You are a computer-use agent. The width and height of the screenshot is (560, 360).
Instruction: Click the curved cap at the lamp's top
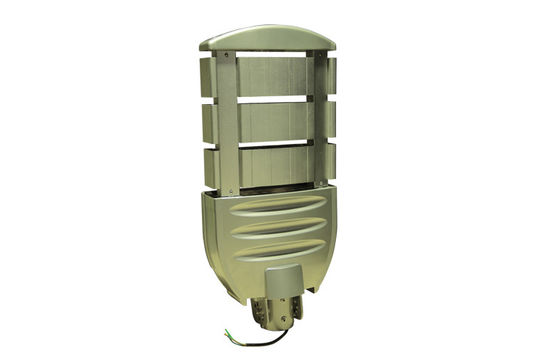coord(267,37)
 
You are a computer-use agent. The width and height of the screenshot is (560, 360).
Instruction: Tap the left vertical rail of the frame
coord(228,120)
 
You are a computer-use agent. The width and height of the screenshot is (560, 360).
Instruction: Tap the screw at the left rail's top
coord(228,56)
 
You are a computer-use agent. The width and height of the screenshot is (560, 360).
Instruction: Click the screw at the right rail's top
coord(321,56)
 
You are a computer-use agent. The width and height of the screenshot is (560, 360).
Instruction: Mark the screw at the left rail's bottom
coord(229,186)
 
